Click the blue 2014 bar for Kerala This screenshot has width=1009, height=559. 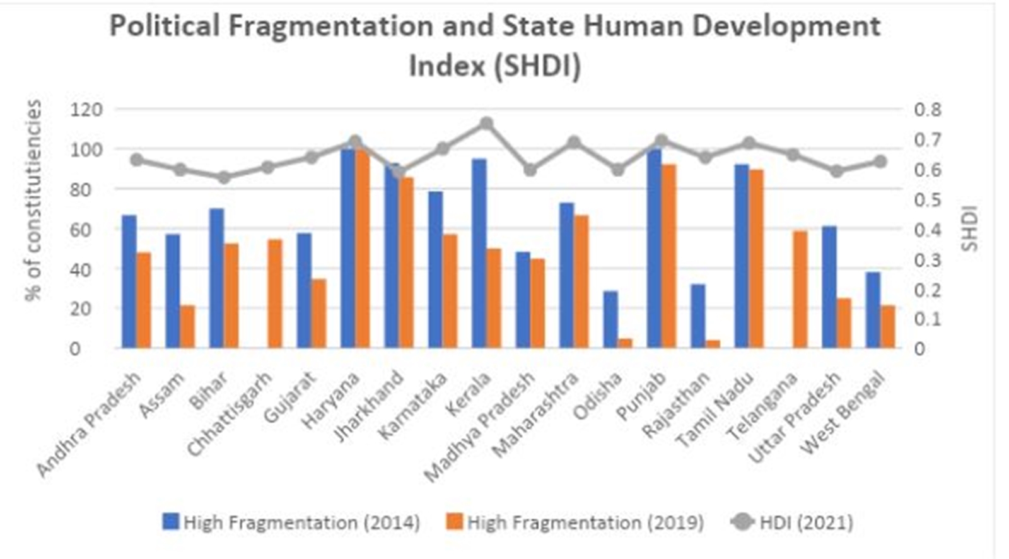[479, 253]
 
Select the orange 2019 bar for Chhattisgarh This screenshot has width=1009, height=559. [275, 293]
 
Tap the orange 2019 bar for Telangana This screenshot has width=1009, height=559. [800, 289]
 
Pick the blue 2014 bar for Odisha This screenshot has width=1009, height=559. [610, 319]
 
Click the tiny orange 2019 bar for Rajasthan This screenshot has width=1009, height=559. [713, 344]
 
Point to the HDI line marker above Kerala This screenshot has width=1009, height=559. [486, 123]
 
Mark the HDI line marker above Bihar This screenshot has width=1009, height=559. [224, 177]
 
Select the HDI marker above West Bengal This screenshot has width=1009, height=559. [880, 162]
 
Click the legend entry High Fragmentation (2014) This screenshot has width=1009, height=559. [291, 522]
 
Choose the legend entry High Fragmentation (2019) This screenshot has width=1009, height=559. [574, 522]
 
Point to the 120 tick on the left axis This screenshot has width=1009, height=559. [86, 110]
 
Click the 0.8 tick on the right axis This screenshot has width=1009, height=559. [927, 110]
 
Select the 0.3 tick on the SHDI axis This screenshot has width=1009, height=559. [927, 259]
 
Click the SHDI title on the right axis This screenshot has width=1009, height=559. [970, 228]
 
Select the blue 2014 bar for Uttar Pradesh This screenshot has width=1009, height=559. [829, 286]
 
